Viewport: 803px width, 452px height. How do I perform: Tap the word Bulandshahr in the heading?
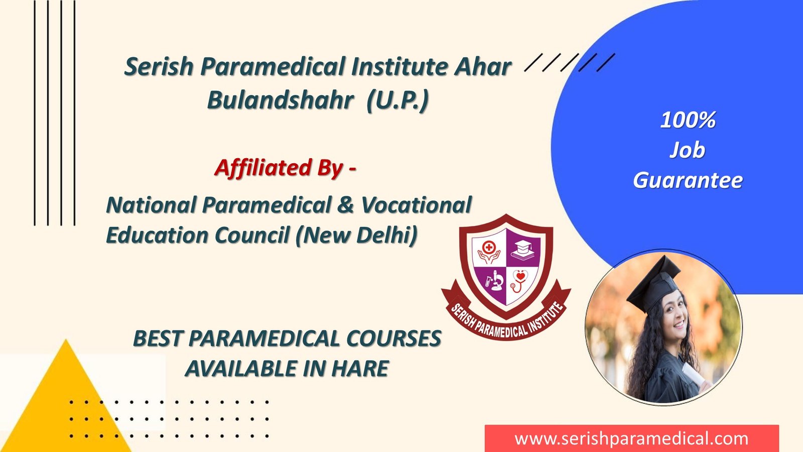(x=281, y=99)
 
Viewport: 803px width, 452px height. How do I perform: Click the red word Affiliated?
(x=263, y=168)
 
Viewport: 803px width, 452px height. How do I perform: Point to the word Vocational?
(x=416, y=205)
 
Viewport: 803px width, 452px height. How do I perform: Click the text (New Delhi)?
(x=357, y=236)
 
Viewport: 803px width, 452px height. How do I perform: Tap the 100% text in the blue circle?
(x=688, y=120)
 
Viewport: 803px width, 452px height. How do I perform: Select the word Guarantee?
(x=688, y=180)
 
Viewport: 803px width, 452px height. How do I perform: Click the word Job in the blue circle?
(x=687, y=151)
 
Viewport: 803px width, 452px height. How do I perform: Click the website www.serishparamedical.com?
(x=631, y=439)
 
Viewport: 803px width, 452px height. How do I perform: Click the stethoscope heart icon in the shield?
(x=519, y=281)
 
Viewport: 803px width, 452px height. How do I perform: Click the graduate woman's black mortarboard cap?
(x=654, y=283)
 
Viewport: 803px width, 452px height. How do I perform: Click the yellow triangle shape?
(x=66, y=405)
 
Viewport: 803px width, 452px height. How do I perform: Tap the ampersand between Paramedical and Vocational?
(x=345, y=205)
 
